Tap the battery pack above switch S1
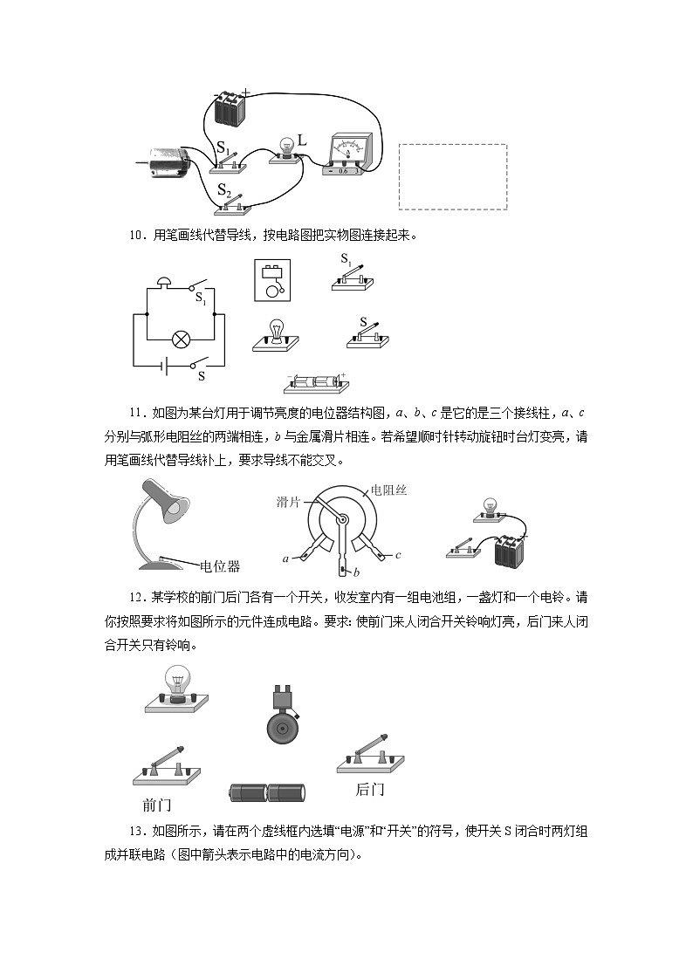(x=230, y=107)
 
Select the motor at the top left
(x=174, y=161)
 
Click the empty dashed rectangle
(x=452, y=176)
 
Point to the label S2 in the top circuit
(x=223, y=189)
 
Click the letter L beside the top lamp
(x=302, y=140)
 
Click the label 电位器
(x=220, y=566)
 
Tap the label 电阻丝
(x=388, y=490)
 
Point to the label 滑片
(x=289, y=501)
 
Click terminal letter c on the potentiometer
(x=398, y=554)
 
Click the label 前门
(x=157, y=804)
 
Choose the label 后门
(x=370, y=790)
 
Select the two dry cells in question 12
(x=267, y=792)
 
